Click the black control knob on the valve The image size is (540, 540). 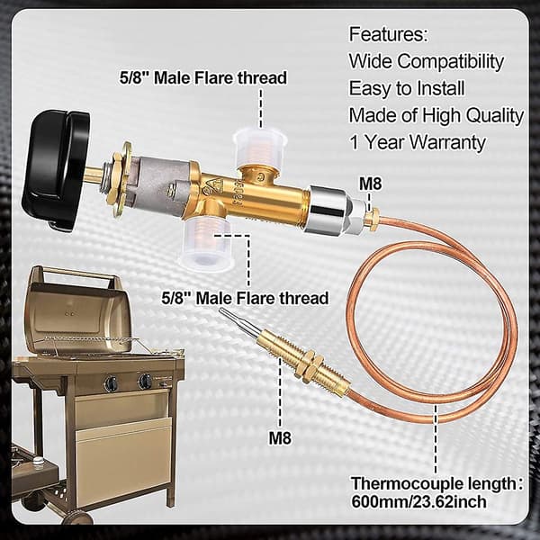pyautogui.click(x=55, y=169)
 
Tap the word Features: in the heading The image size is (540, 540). pyautogui.click(x=389, y=34)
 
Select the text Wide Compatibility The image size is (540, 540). pyautogui.click(x=427, y=61)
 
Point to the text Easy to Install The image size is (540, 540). pyautogui.click(x=407, y=88)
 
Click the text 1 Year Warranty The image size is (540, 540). pyautogui.click(x=418, y=142)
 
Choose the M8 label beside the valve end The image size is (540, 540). pyautogui.click(x=371, y=184)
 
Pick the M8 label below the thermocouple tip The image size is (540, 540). pyautogui.click(x=280, y=438)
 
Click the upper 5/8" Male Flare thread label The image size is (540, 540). pyautogui.click(x=203, y=77)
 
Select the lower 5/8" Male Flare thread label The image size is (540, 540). pyautogui.click(x=245, y=298)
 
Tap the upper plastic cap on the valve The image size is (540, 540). pyautogui.click(x=260, y=145)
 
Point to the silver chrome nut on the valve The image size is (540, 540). pyautogui.click(x=328, y=208)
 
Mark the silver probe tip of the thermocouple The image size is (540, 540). pyautogui.click(x=240, y=322)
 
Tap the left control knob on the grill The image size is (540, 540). pyautogui.click(x=112, y=382)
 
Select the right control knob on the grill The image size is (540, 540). pyautogui.click(x=145, y=382)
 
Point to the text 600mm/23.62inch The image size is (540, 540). pyautogui.click(x=418, y=501)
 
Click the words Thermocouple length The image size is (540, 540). pyautogui.click(x=433, y=483)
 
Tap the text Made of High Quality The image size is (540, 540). pyautogui.click(x=436, y=115)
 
